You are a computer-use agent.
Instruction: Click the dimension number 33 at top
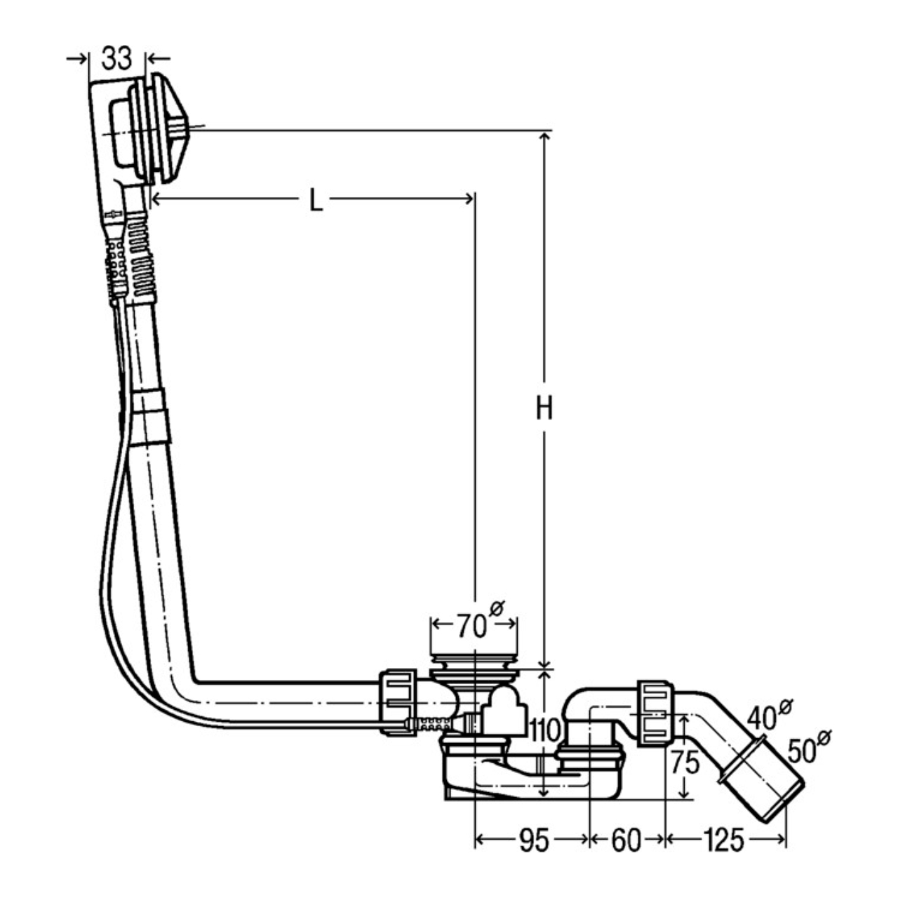(116, 58)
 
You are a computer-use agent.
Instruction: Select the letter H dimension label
(544, 408)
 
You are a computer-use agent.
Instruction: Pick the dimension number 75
(684, 763)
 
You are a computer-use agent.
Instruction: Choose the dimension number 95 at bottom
(533, 840)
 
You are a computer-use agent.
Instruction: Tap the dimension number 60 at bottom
(626, 840)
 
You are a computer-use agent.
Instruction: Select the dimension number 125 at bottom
(724, 840)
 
